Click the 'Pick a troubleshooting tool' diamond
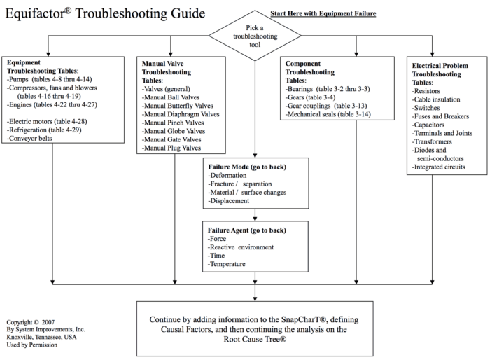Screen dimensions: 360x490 tap(255, 35)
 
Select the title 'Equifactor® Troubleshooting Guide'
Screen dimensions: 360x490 tap(105, 13)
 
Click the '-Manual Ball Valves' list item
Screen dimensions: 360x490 tap(171, 97)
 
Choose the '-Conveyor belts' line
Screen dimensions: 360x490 tap(31, 139)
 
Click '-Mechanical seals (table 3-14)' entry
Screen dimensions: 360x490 tap(328, 113)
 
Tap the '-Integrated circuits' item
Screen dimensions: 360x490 tap(440, 167)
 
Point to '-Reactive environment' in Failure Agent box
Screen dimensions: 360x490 tap(241, 247)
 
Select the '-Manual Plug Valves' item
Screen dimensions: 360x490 tap(172, 148)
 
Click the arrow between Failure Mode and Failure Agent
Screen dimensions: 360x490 tap(255, 214)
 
